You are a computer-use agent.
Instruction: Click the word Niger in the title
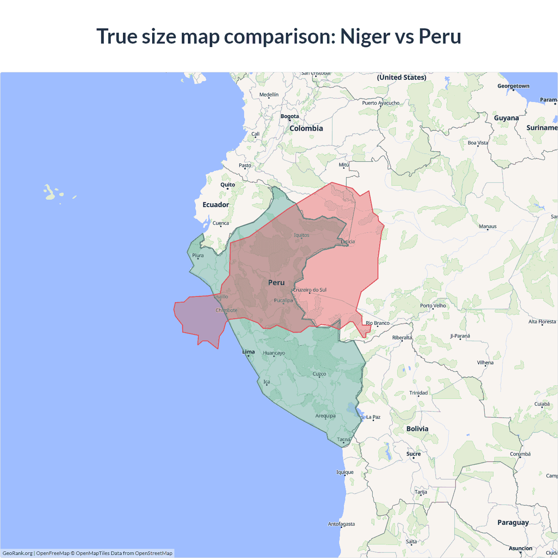365,36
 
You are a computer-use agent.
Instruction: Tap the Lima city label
248,352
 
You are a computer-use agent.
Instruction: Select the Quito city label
228,185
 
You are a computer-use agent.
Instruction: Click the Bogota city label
289,116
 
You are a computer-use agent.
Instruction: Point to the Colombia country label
306,128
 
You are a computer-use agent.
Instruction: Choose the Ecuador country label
215,204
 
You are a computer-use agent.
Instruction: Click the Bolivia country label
417,429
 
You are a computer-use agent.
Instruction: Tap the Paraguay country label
513,522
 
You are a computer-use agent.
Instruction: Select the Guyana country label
506,118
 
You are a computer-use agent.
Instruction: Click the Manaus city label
487,226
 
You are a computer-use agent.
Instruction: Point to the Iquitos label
301,235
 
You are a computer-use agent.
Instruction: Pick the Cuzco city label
319,374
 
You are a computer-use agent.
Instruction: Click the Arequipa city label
325,415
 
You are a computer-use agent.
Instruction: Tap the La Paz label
373,417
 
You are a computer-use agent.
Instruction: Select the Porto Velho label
433,306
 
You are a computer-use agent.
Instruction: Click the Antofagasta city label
341,524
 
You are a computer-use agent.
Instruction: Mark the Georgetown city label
513,86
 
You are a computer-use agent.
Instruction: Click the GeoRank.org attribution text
17,553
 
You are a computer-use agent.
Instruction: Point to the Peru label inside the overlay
276,282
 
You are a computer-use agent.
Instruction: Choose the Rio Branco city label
378,323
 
